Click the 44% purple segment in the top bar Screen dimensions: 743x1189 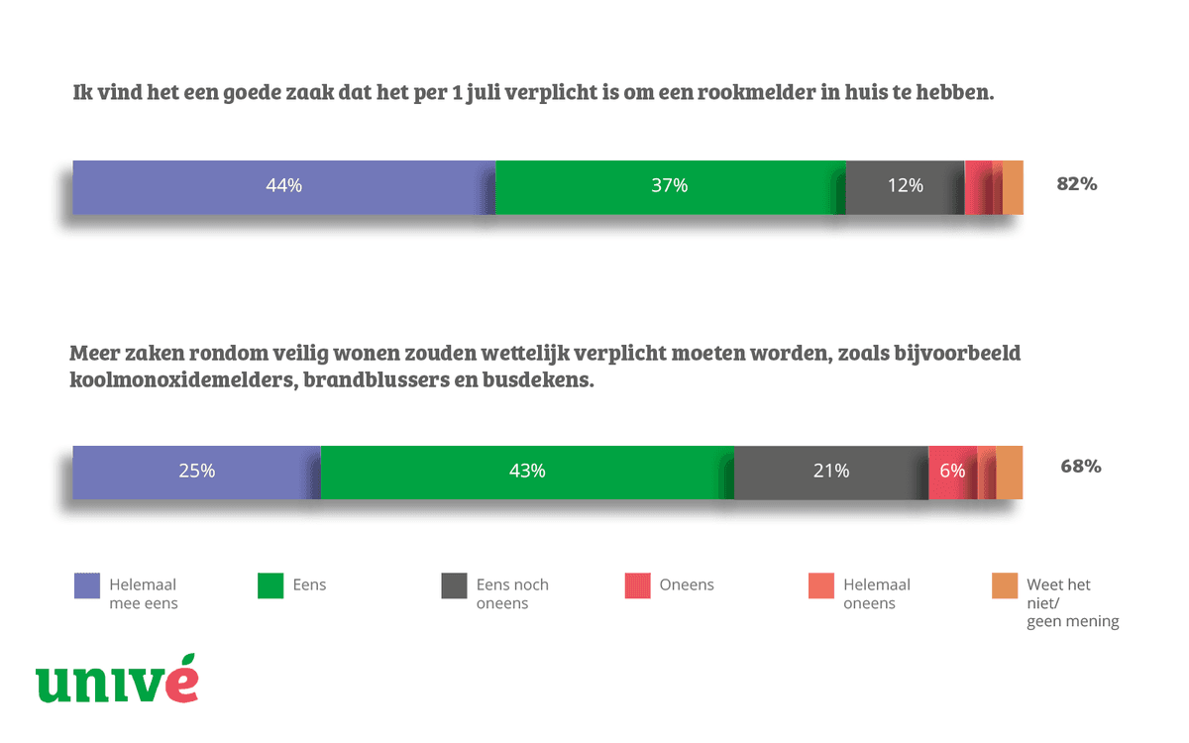[x=283, y=186]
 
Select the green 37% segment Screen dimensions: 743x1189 [x=670, y=186]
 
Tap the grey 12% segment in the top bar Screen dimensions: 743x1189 [x=905, y=186]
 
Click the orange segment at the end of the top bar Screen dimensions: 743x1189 [x=1013, y=186]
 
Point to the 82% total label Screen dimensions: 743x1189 [x=1077, y=184]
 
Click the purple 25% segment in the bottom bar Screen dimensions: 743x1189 [x=196, y=472]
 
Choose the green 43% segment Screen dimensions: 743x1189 [x=527, y=472]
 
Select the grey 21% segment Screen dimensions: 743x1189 [x=830, y=472]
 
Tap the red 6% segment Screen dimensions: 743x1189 [x=951, y=472]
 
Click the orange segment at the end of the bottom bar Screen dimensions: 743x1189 [x=1010, y=472]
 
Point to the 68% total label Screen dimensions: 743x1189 [x=1080, y=467]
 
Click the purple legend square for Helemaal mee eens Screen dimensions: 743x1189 [x=87, y=585]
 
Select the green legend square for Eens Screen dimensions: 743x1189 [x=270, y=585]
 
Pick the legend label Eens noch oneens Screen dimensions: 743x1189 [x=512, y=593]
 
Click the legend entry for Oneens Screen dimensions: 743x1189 [x=686, y=584]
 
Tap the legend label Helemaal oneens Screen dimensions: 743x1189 [x=876, y=593]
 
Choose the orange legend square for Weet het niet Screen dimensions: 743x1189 [x=1005, y=585]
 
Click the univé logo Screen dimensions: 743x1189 [x=117, y=682]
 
